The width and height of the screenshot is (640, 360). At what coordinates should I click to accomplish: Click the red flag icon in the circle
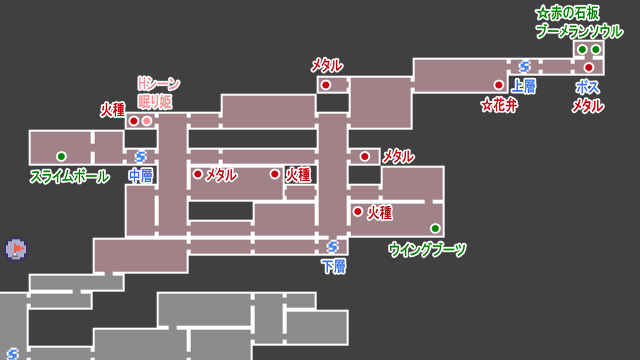click(16, 248)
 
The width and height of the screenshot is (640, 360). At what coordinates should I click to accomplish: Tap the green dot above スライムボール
click(61, 156)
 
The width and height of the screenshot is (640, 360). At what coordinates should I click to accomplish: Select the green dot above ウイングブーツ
click(435, 228)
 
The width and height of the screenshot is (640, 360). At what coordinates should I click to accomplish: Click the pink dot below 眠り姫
click(146, 121)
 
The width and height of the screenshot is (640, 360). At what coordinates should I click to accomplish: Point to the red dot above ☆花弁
click(498, 84)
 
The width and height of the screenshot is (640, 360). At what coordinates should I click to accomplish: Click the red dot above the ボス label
click(588, 67)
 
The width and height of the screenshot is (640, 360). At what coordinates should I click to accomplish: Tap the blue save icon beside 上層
click(524, 66)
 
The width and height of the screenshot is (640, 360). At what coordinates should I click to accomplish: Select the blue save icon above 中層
click(140, 156)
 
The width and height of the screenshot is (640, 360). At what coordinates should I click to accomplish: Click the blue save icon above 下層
click(332, 246)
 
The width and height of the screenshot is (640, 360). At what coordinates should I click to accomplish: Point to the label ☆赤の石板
click(567, 13)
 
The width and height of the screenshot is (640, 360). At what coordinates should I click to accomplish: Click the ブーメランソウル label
click(579, 31)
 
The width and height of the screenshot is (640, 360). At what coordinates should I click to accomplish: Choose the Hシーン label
click(158, 83)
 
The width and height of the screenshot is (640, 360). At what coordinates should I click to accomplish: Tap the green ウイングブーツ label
click(427, 249)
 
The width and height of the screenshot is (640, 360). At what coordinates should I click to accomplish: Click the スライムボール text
click(69, 176)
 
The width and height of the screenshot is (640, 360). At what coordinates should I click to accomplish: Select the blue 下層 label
click(333, 266)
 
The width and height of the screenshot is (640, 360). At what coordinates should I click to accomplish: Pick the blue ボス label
click(587, 87)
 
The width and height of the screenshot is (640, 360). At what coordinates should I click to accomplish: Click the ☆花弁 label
click(499, 105)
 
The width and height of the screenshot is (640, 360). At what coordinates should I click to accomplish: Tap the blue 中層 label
click(140, 176)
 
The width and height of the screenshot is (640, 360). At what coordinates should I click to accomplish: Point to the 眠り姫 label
click(155, 102)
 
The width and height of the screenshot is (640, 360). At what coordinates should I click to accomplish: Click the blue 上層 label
click(524, 86)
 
